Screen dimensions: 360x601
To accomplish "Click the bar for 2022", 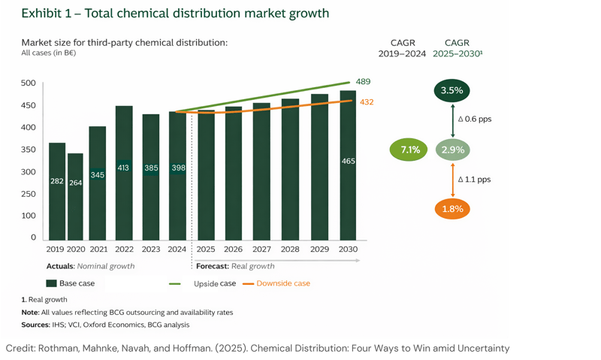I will tap(124, 173).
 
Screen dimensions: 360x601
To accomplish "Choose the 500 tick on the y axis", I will tap(28, 83).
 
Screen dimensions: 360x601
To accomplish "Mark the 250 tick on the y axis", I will tap(28, 194).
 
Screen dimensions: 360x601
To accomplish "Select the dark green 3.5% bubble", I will tap(452, 90).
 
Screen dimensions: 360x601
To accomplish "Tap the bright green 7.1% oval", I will tap(410, 150).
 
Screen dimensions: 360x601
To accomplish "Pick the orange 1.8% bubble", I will tap(452, 208).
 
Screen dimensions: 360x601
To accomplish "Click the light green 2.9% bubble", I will tap(452, 150).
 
